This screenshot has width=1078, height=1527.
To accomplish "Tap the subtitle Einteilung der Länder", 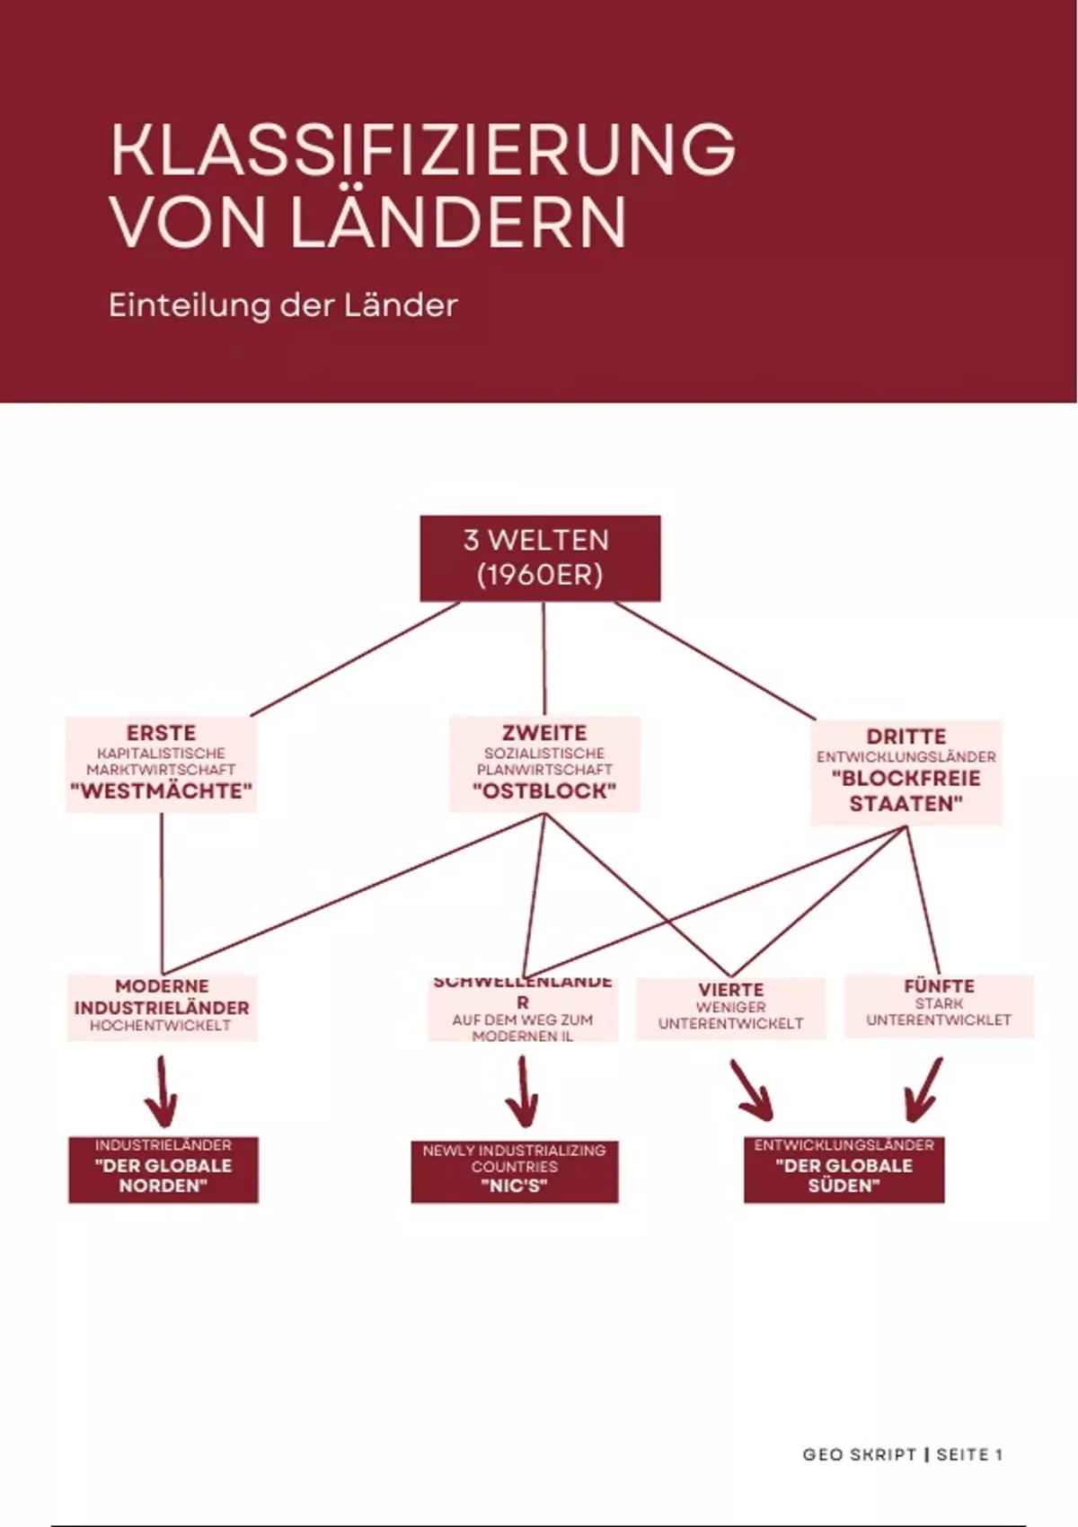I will pos(283,305).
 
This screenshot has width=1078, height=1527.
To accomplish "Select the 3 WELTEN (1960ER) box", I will pos(540,558).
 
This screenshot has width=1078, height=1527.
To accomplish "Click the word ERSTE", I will pos(161,733).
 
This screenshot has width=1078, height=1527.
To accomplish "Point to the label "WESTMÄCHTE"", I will pos(161,791).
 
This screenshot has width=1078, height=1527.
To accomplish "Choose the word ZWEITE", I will pos(544,733).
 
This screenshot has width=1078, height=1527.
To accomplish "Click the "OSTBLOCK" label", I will pos(544,791).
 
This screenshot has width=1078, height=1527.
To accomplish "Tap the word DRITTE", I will pos(906,737).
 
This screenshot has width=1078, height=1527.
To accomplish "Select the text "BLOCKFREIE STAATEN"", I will pos(906,791).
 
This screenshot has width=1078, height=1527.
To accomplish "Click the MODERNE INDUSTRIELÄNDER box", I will pos(162,1007).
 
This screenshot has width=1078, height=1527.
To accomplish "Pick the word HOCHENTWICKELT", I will pos(161,1026).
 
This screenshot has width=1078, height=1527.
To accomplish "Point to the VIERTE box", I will pos(730,1007).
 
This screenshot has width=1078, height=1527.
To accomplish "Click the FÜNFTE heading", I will pos(939,986).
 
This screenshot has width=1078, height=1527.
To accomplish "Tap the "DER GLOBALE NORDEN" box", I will pos(163,1170).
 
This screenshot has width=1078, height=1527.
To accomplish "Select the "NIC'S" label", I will pos(515,1186).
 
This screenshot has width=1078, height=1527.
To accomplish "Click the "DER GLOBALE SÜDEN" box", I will pos(844,1170).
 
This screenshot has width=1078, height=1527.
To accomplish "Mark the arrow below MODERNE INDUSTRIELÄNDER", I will pos(162,1091).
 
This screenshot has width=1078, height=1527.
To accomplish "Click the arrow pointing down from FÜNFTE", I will pos(923,1090).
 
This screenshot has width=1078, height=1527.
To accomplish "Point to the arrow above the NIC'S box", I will pos(522,1091).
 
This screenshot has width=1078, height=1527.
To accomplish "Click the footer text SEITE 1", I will pos(969,1454).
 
